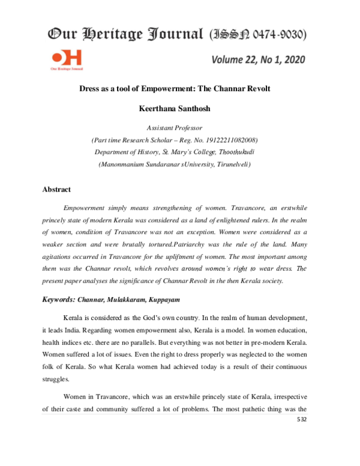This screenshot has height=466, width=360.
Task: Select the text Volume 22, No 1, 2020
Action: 259,59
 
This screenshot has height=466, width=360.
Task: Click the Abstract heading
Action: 56,189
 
